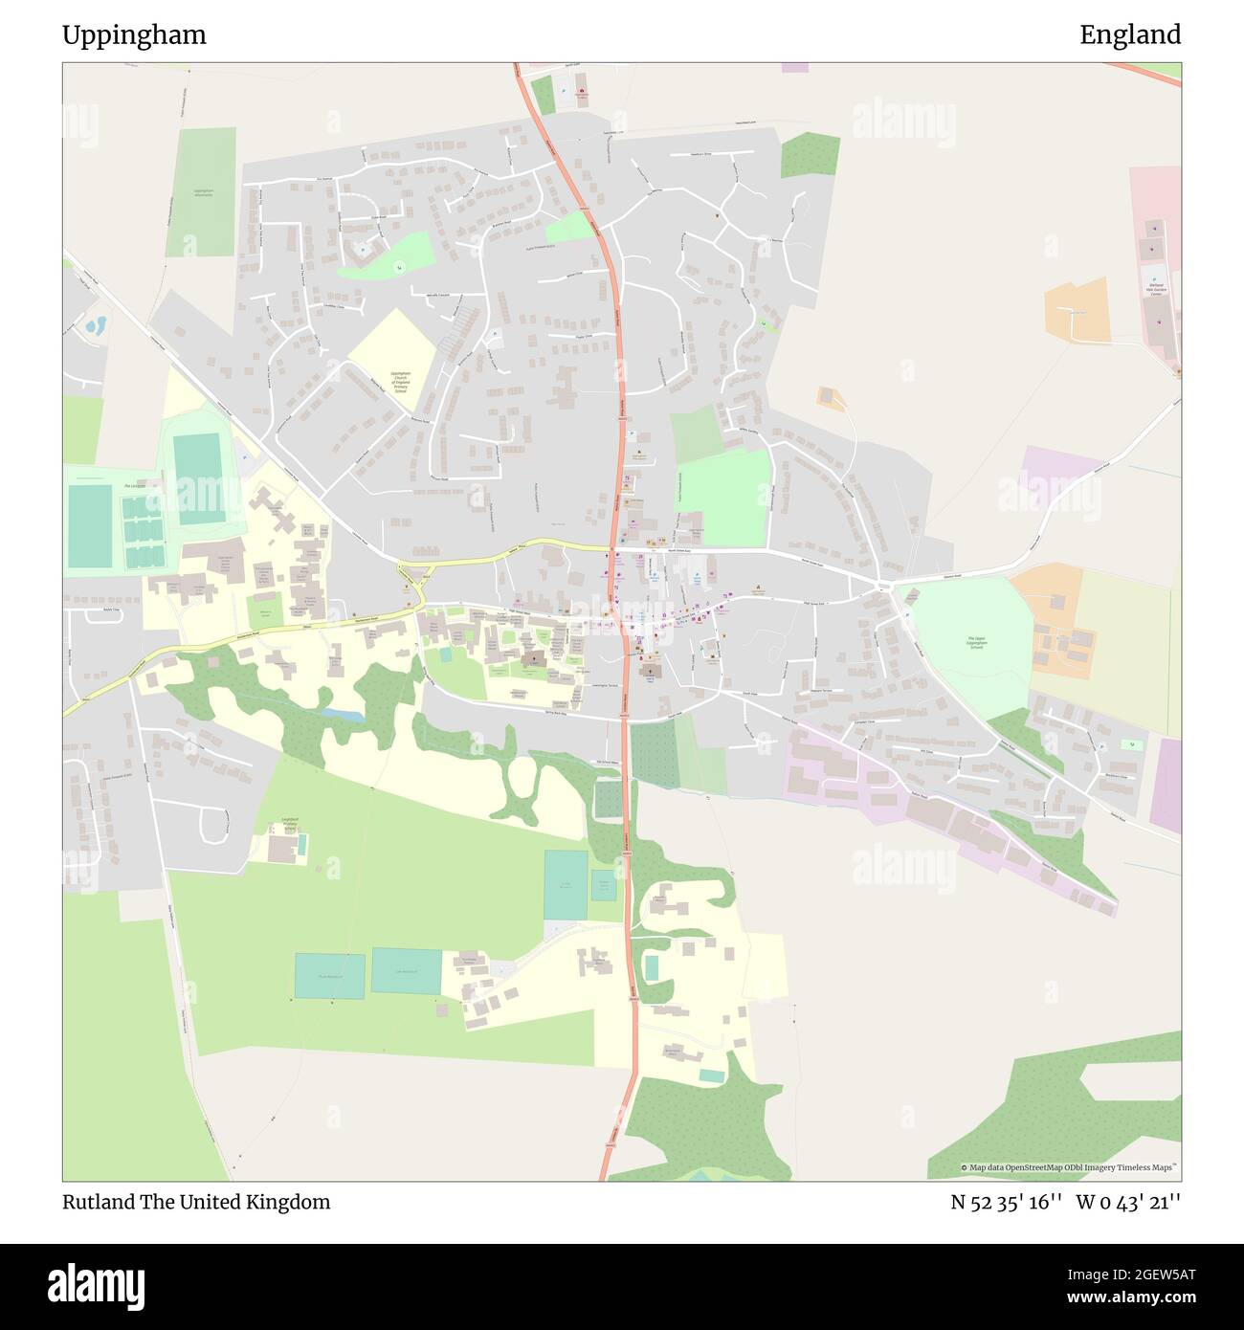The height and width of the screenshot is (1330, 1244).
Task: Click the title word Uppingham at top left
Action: coord(134,35)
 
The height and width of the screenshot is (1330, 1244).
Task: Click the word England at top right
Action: coord(1130,35)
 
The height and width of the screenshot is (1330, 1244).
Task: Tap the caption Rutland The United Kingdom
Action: coord(196,1202)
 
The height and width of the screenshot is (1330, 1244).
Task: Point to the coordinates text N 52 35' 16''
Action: coord(1006,1202)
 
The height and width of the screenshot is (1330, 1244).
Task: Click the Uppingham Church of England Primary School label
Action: coord(401,382)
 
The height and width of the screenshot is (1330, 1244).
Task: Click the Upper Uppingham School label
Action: coord(976,643)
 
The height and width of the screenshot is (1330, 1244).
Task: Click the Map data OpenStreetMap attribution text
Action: coord(1072,1168)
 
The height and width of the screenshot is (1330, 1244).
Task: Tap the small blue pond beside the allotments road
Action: coord(96,325)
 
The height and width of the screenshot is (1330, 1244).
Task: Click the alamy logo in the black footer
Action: coord(96,1284)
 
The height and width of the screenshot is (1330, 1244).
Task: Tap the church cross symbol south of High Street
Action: coord(533,659)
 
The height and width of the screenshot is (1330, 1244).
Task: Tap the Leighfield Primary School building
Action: coord(282,848)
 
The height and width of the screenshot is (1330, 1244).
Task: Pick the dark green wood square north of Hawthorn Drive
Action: coord(810,156)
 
